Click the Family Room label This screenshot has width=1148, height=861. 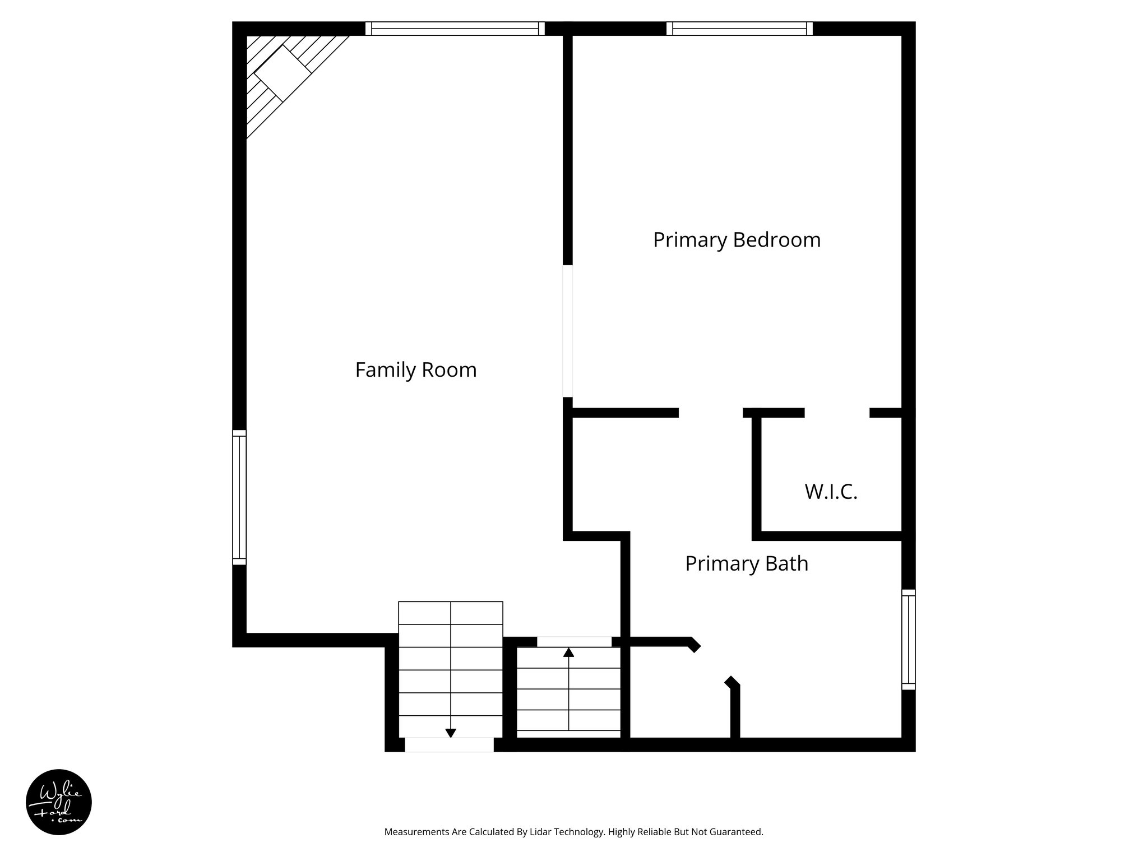pyautogui.click(x=415, y=370)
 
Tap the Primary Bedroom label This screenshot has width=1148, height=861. pyautogui.click(x=737, y=240)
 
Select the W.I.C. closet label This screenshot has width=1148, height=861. pyautogui.click(x=831, y=492)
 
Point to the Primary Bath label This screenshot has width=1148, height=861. pyautogui.click(x=747, y=563)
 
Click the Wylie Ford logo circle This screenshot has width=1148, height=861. pyautogui.click(x=58, y=802)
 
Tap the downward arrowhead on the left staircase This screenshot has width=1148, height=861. pyautogui.click(x=450, y=733)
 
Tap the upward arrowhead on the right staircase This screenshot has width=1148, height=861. pyautogui.click(x=568, y=652)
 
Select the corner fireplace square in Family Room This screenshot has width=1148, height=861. pyautogui.click(x=283, y=73)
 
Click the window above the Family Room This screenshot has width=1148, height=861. pyautogui.click(x=455, y=29)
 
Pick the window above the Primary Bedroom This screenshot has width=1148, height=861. pyautogui.click(x=739, y=29)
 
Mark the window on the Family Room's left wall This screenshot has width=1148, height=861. pyautogui.click(x=239, y=497)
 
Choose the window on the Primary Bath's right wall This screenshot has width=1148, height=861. pyautogui.click(x=908, y=639)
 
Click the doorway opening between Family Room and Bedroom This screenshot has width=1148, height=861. pyautogui.click(x=567, y=331)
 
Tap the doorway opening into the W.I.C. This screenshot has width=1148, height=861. pyautogui.click(x=837, y=413)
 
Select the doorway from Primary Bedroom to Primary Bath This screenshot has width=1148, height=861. pyautogui.click(x=711, y=413)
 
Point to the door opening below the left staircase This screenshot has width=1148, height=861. pyautogui.click(x=449, y=744)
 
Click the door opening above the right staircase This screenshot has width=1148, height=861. pyautogui.click(x=574, y=642)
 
